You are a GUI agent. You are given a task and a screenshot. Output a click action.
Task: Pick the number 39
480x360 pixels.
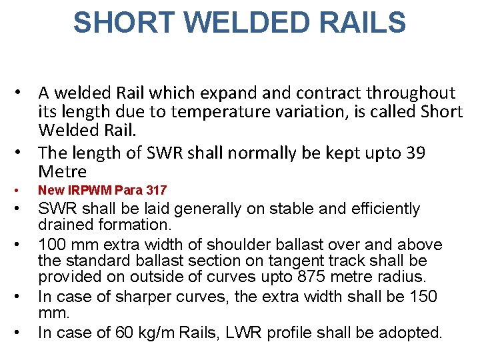click(x=435, y=153)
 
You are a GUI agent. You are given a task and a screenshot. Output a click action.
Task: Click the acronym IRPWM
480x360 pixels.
click(x=85, y=191)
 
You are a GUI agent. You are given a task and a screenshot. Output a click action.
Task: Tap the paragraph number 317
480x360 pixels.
click(x=156, y=191)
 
